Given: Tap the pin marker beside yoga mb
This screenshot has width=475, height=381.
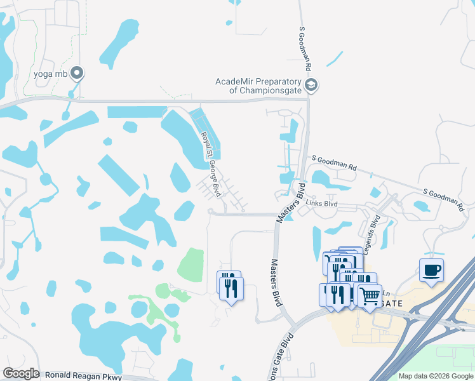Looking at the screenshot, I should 77,74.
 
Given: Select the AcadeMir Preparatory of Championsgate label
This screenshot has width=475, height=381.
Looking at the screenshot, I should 261,86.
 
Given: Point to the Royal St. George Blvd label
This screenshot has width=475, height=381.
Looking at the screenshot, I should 212,155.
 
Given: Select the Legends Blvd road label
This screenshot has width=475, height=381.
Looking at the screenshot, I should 376,227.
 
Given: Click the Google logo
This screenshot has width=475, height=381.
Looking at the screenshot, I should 21,373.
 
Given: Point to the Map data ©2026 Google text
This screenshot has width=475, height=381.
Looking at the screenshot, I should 436,376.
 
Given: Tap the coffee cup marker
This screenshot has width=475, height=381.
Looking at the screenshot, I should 432,271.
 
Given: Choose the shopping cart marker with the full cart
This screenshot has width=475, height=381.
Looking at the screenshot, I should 370,295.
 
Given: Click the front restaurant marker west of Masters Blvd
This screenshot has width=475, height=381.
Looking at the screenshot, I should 231,289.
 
